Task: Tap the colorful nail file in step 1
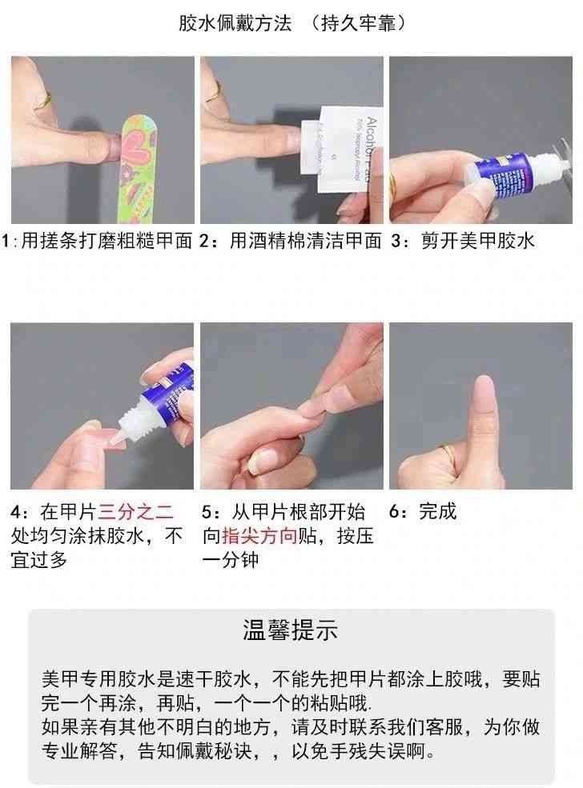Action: pos(138,169)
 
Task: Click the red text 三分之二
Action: pos(136,511)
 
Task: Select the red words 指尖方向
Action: pos(259,536)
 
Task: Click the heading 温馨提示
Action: pos(291,630)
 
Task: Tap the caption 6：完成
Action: pos(423,511)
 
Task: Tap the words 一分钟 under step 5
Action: pos(231,560)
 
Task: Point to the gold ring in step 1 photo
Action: pos(42,101)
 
